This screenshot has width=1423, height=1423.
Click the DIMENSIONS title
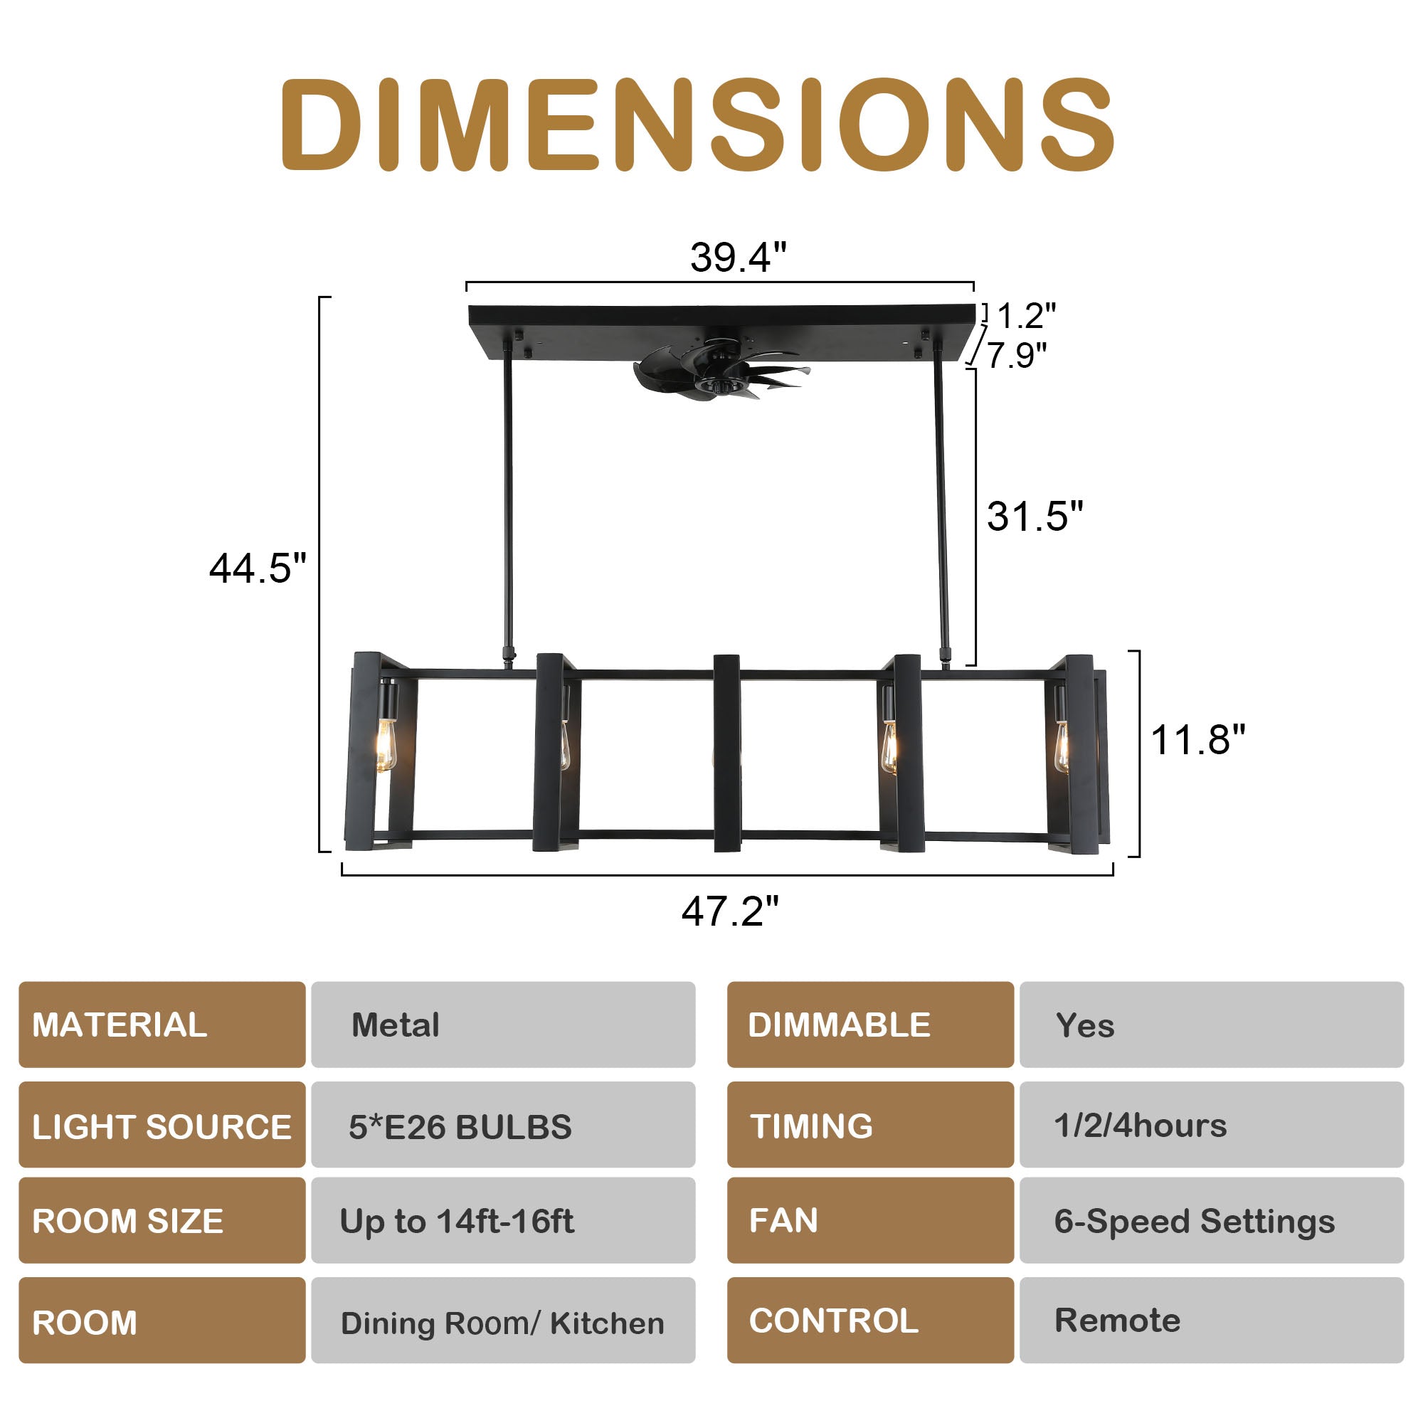[x=697, y=125]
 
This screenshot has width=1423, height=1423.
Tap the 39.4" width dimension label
[x=738, y=258]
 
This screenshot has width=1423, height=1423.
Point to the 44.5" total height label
[x=257, y=568]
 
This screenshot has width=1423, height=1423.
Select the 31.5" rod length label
[x=1034, y=516]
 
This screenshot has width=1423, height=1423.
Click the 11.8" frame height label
[x=1197, y=739]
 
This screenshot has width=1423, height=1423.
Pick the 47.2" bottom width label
[x=729, y=911]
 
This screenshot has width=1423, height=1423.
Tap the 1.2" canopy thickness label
[x=1025, y=316]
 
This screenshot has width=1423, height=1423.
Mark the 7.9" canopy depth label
[x=1017, y=355]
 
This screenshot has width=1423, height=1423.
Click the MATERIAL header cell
[x=162, y=1025]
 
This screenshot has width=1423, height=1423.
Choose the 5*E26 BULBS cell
[x=503, y=1126]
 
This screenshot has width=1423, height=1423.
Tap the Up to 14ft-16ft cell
[x=503, y=1221]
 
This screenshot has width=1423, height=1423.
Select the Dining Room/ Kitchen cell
[x=503, y=1323]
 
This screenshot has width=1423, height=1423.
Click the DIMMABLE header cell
[x=870, y=1025]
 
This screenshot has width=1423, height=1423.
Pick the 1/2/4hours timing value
[x=1212, y=1126]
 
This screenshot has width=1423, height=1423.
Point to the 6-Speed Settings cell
[x=1212, y=1221]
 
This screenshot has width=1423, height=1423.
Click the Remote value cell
[x=1212, y=1321]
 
